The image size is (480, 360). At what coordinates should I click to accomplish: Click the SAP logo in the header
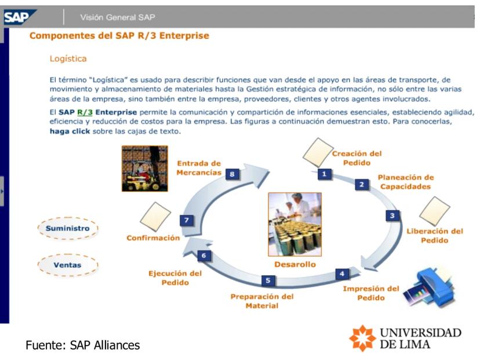17,17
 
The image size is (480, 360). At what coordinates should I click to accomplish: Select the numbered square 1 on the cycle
324,173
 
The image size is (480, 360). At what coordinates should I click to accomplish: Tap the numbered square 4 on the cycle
342,273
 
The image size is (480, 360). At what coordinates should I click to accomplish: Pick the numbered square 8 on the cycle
232,174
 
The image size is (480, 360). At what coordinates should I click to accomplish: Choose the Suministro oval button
68,228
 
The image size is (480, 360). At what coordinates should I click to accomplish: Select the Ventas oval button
68,265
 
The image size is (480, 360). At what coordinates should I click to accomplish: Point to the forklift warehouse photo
144,168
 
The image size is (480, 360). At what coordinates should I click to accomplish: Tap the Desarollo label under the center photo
294,264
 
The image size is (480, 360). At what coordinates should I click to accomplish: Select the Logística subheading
68,59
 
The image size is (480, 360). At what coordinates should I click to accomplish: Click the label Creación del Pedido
357,158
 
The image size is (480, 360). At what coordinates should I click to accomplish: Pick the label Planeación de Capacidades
405,182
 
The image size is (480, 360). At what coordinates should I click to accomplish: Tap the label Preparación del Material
262,301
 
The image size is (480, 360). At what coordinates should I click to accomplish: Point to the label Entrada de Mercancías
199,168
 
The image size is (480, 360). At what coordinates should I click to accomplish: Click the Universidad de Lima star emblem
362,337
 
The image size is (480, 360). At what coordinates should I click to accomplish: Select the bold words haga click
70,131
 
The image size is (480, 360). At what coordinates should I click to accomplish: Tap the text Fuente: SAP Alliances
82,346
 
